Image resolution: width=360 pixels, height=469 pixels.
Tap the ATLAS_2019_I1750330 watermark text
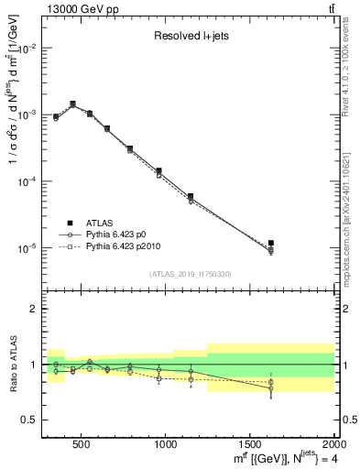click(191, 274)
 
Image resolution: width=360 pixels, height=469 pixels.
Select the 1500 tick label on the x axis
click(250, 444)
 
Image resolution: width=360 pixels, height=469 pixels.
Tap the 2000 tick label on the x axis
click(333, 444)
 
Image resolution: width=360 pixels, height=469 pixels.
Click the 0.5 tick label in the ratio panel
click(29, 420)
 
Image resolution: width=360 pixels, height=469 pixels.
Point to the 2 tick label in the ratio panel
click(33, 309)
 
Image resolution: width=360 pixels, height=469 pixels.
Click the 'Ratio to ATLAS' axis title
click(11, 365)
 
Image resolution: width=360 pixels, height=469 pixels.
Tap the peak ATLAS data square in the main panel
click(72, 104)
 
